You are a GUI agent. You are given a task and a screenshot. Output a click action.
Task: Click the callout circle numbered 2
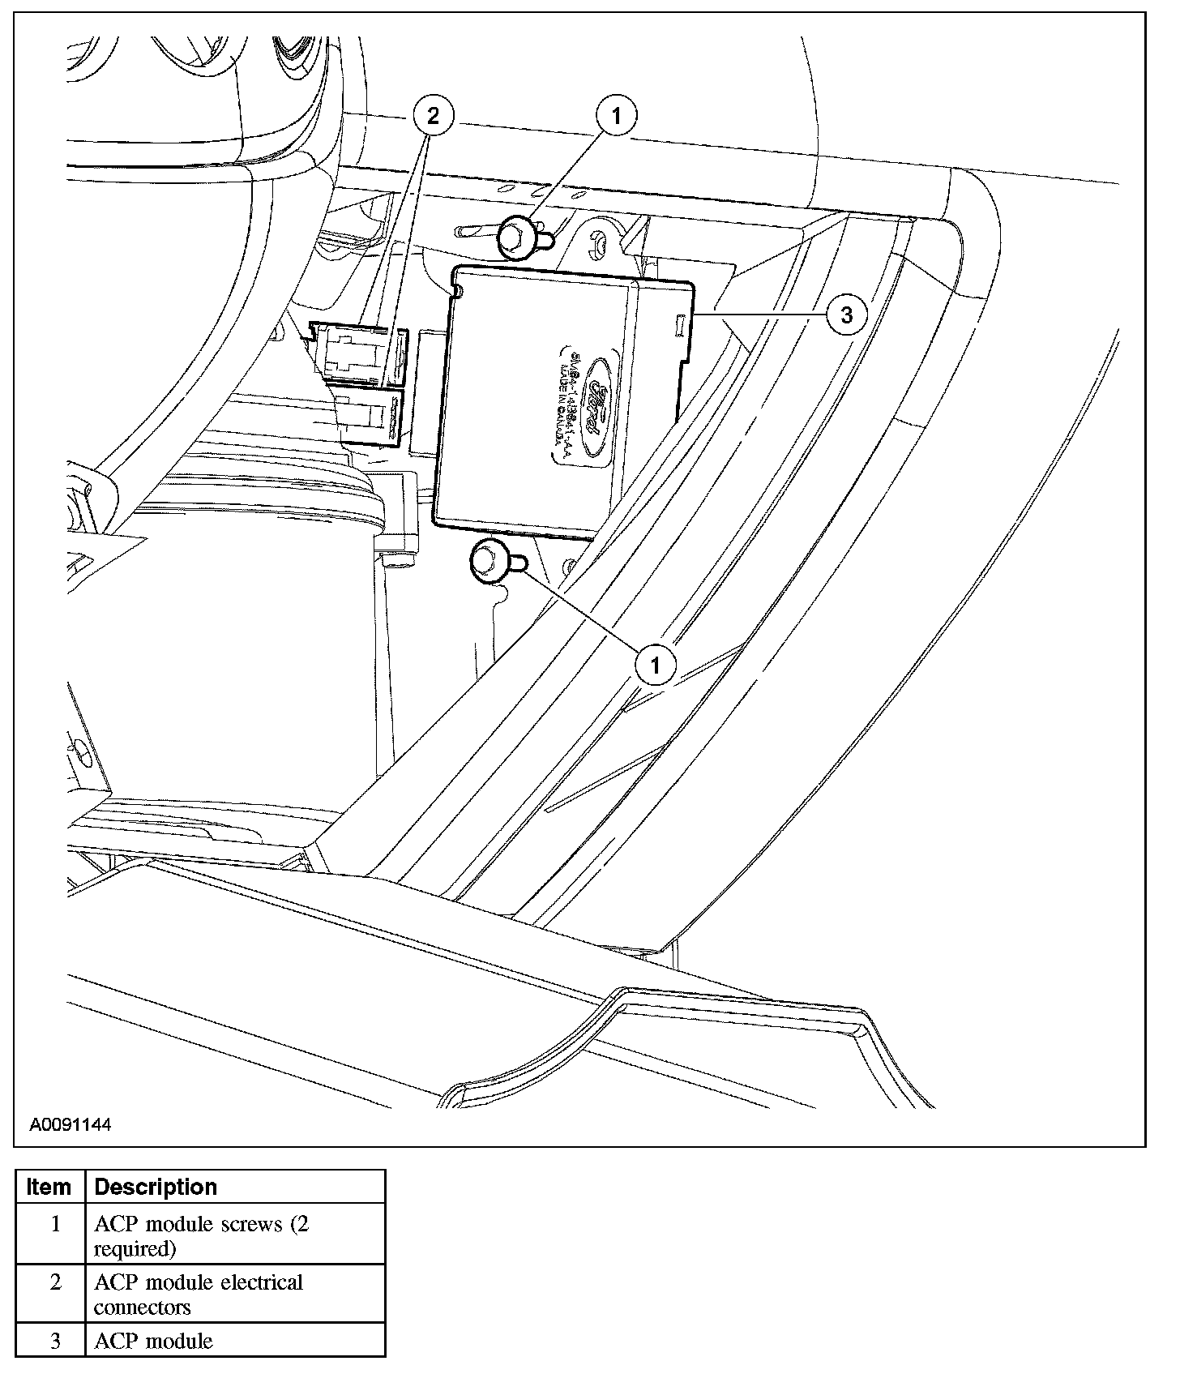[x=433, y=116]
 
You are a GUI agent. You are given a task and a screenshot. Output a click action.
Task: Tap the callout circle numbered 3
[x=846, y=315]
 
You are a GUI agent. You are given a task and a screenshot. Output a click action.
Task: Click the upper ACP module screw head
[x=515, y=238]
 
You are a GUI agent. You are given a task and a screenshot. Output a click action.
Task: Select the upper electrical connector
[x=360, y=353]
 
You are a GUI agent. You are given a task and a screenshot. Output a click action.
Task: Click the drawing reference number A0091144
[x=71, y=1125]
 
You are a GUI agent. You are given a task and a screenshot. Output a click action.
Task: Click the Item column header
[x=49, y=1187]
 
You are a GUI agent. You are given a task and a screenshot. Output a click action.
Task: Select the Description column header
[x=156, y=1187]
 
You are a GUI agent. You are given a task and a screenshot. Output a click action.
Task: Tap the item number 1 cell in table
[x=55, y=1224]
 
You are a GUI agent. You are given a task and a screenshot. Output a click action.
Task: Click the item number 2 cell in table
[x=55, y=1283]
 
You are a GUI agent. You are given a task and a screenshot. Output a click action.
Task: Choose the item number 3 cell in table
[x=55, y=1341]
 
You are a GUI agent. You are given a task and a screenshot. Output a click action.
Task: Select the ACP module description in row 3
[x=153, y=1341]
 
